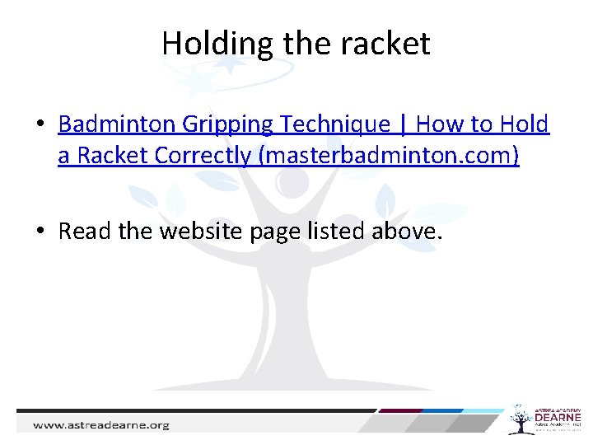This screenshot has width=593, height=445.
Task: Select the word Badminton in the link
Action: (118, 124)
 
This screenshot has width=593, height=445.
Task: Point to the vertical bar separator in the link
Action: (403, 124)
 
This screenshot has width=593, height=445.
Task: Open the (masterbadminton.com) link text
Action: (389, 156)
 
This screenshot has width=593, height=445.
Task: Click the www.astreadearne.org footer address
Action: (100, 425)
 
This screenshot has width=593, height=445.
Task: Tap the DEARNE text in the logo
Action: (558, 419)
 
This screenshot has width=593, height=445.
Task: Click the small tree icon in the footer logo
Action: (519, 419)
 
